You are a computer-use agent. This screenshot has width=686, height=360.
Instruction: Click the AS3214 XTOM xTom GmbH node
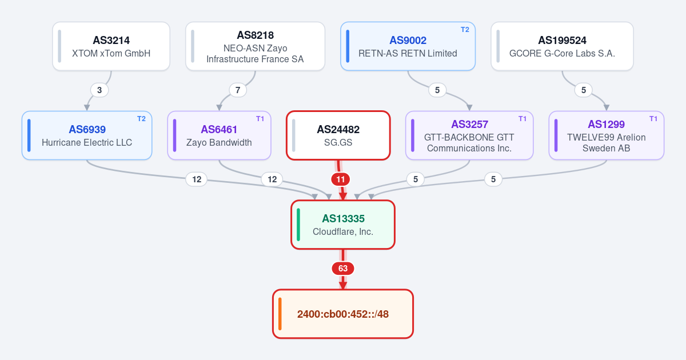[x=111, y=46]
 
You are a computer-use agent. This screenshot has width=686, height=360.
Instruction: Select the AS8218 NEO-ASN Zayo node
[x=255, y=46]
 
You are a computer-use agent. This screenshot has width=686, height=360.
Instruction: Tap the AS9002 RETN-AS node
[x=408, y=46]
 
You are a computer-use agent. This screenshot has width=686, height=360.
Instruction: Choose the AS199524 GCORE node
[x=562, y=46]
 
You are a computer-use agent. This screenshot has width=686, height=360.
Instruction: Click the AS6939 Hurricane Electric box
[x=87, y=135]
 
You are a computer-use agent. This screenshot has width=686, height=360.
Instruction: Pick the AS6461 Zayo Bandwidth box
[x=220, y=135]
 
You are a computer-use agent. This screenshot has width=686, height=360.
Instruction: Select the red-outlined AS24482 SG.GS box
[x=338, y=135]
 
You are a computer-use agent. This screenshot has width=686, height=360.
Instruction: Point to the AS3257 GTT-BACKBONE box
[x=469, y=135]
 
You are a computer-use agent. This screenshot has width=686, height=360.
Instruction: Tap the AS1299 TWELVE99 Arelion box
[x=607, y=135]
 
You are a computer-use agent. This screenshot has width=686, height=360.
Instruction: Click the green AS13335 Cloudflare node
[x=342, y=225]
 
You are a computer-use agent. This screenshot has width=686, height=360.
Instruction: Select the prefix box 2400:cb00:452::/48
[x=342, y=314]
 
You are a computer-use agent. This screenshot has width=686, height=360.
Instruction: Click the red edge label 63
[x=342, y=269]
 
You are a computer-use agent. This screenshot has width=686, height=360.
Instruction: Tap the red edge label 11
[x=341, y=179]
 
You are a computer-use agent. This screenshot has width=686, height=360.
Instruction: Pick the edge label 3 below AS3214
[x=99, y=90]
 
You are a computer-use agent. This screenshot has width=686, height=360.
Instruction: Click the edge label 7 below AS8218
[x=238, y=90]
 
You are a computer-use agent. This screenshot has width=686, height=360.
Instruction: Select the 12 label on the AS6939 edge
[x=197, y=179]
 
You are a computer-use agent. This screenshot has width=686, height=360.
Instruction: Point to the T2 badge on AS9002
[x=465, y=30]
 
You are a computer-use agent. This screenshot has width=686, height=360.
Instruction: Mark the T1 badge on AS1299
[x=653, y=119]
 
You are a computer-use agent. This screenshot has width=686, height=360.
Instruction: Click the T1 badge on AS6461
[x=260, y=119]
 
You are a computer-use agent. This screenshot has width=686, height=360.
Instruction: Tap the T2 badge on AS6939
[x=142, y=119]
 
